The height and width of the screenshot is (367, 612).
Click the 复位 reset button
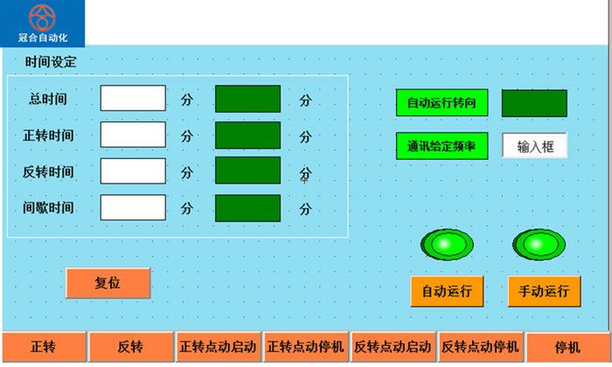tap(108, 283)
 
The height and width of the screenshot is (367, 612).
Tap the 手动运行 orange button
tap(544, 291)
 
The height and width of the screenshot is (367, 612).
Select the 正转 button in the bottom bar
tap(43, 347)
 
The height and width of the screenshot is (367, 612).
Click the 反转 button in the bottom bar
tap(130, 347)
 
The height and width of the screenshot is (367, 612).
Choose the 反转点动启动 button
tap(393, 347)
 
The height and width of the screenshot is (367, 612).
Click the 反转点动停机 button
tap(480, 347)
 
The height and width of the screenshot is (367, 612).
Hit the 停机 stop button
tap(567, 347)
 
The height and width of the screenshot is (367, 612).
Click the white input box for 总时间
tap(133, 99)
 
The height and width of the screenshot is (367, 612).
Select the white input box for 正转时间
tap(133, 135)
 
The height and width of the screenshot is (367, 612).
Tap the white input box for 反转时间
tap(133, 171)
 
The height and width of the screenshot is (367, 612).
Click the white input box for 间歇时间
tap(133, 208)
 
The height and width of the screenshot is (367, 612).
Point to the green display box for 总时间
tap(247, 99)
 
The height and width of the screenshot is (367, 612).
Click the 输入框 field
tap(534, 146)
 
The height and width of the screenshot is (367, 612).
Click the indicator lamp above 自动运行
tap(447, 243)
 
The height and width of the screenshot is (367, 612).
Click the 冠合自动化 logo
tap(42, 23)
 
